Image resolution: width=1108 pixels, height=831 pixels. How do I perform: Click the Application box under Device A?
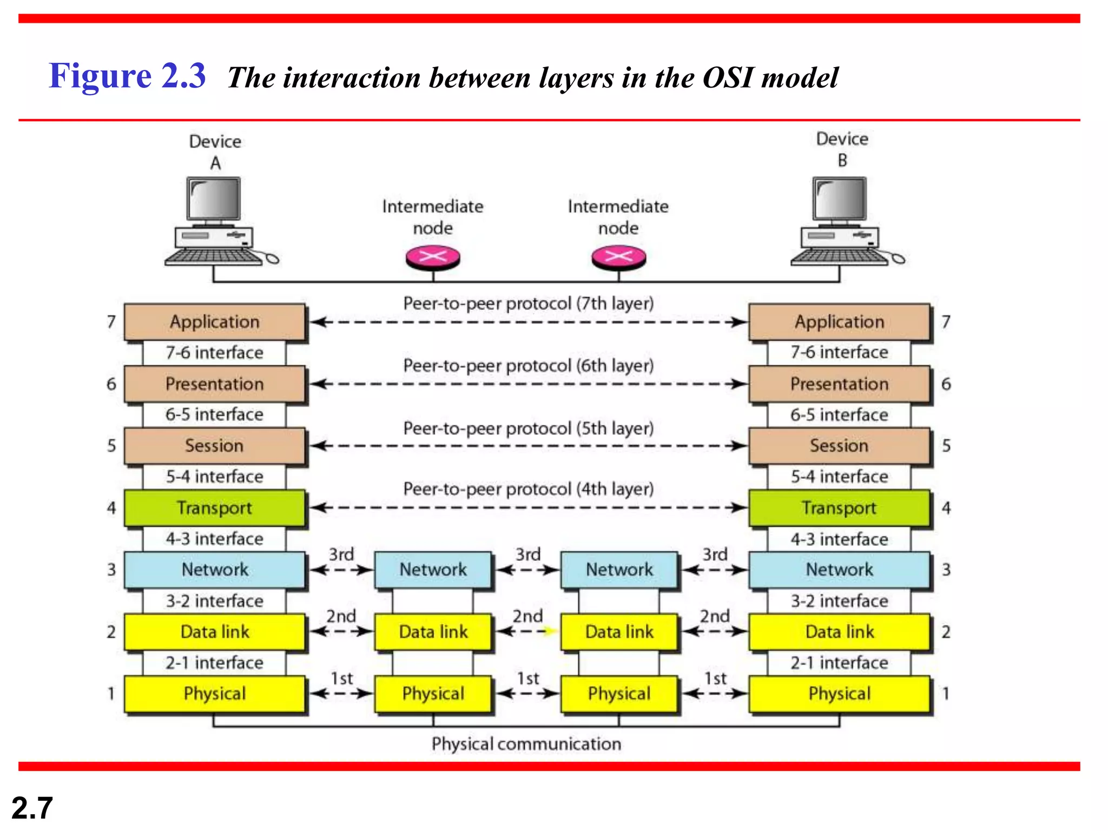click(x=214, y=322)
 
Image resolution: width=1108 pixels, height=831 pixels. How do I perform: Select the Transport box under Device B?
click(x=839, y=507)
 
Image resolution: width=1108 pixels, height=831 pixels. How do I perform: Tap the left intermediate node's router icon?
click(x=433, y=257)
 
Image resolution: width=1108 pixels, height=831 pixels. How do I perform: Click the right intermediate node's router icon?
click(x=618, y=257)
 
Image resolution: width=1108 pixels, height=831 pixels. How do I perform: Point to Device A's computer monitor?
click(x=214, y=199)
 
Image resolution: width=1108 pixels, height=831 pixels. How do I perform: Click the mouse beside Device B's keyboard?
click(x=898, y=259)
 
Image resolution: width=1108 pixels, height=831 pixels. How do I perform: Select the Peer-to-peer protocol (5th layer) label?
click(x=528, y=428)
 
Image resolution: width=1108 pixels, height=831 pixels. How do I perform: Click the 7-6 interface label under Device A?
click(x=214, y=353)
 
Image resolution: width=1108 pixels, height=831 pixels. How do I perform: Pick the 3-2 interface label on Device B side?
click(x=839, y=601)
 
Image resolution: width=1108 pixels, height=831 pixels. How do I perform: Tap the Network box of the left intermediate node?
click(x=433, y=570)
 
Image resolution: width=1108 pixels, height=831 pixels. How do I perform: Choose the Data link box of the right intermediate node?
click(x=619, y=631)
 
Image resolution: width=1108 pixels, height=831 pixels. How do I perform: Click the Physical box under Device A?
click(x=214, y=694)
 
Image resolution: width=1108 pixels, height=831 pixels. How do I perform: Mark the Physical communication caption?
click(x=526, y=744)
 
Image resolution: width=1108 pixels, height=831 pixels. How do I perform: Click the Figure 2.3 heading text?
click(x=127, y=76)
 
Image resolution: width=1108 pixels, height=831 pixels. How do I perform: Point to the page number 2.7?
click(x=32, y=808)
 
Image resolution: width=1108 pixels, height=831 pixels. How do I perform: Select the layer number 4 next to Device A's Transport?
click(x=111, y=508)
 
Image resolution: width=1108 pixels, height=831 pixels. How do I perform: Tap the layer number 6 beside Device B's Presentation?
click(x=946, y=384)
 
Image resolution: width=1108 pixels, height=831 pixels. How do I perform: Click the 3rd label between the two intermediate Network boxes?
click(x=527, y=555)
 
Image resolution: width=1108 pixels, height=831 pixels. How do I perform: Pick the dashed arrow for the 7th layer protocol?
click(x=528, y=322)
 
